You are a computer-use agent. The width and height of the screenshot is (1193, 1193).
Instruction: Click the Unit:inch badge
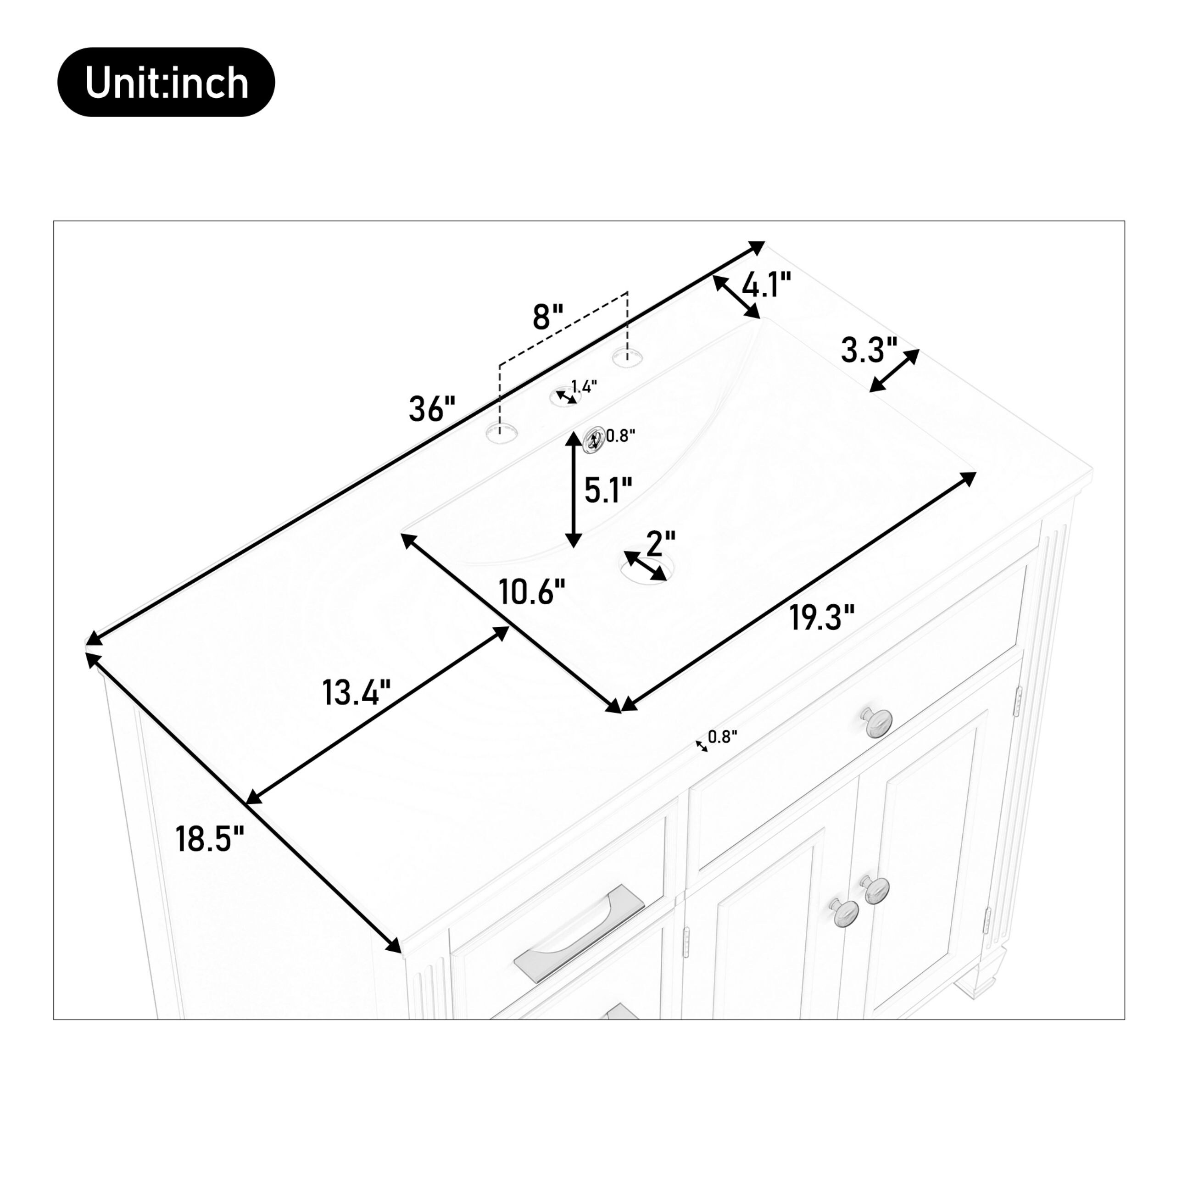click(166, 82)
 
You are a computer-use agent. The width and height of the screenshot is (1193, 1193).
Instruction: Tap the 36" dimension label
click(432, 409)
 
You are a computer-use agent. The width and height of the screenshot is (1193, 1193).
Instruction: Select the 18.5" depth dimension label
click(210, 839)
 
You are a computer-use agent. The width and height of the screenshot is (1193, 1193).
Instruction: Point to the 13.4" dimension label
click(357, 692)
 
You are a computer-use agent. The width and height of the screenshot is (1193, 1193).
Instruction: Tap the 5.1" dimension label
click(608, 491)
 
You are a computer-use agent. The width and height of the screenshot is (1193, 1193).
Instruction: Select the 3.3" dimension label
click(868, 350)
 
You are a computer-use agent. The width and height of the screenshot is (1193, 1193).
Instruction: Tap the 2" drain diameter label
click(661, 543)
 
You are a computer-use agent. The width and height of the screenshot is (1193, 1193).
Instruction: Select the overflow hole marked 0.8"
click(594, 440)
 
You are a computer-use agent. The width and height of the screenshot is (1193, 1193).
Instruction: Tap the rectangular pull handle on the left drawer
click(579, 932)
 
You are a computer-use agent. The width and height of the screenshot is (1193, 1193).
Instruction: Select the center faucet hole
click(565, 396)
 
